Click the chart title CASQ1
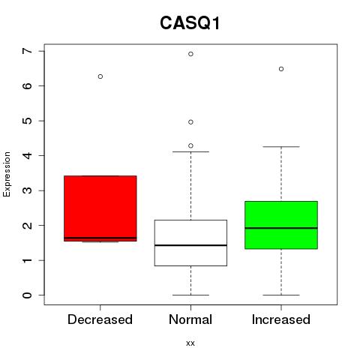tap(190, 23)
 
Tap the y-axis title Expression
tap(7, 174)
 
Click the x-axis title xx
tap(190, 343)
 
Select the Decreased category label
tap(100, 319)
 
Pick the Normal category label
tap(190, 319)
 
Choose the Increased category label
tap(281, 319)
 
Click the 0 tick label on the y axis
tap(28, 295)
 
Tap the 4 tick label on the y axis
tap(28, 155)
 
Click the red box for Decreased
tap(100, 208)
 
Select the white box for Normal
tap(190, 243)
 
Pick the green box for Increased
tap(281, 225)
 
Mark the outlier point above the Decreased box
tap(100, 76)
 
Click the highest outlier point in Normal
tap(190, 54)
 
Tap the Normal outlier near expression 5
tap(190, 122)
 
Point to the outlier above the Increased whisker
tap(281, 69)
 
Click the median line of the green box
tap(281, 228)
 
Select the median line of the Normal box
tap(190, 245)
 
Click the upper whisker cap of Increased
tap(281, 147)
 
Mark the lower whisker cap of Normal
tap(190, 295)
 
